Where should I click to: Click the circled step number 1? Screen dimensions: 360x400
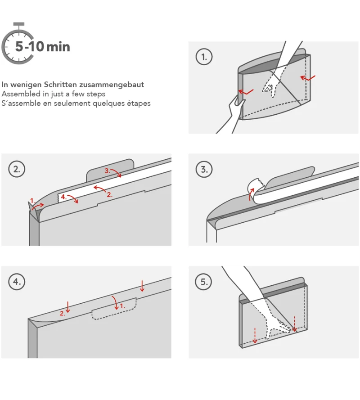coord(204,57)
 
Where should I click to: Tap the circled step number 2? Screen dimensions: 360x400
coord(17,169)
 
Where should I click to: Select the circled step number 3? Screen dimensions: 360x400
coord(204,169)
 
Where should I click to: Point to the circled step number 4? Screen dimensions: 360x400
coord(17,282)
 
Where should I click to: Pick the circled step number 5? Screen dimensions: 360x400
coord(204,282)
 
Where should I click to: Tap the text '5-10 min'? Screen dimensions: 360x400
coord(43,46)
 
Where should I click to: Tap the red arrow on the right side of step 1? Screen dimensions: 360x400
coord(308,77)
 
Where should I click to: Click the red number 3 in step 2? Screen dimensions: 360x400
coord(107,171)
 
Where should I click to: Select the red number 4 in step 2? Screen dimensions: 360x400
coord(63,197)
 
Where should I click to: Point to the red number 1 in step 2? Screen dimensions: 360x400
coord(32,201)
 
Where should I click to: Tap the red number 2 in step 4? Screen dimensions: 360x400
coord(62,313)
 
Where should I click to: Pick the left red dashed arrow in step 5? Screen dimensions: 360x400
coord(255,335)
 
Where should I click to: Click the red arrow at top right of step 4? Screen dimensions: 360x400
coord(142,286)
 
